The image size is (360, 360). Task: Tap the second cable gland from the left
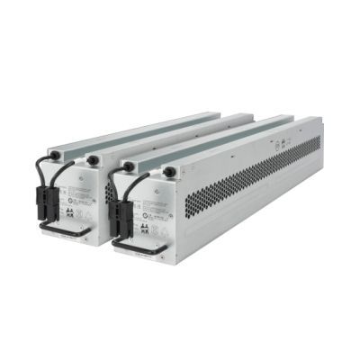[92, 160]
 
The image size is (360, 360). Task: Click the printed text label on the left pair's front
[87, 184]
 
